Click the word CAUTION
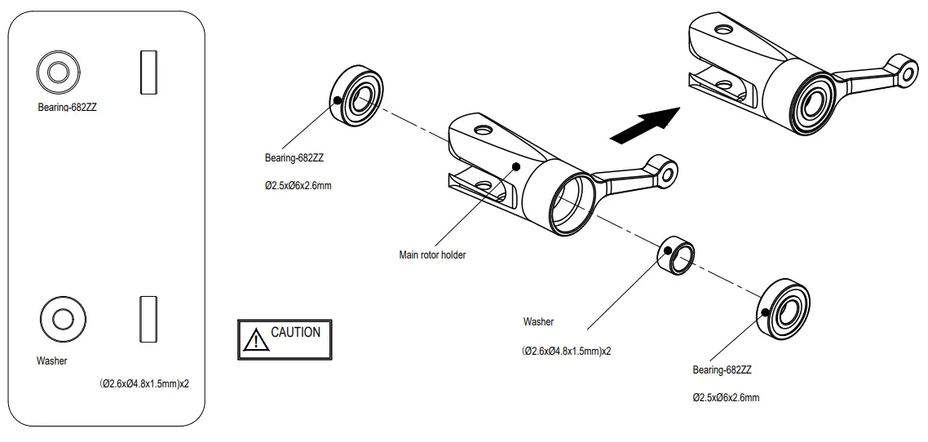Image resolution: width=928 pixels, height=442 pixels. click(295, 333)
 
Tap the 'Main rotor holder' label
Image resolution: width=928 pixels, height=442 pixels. click(432, 255)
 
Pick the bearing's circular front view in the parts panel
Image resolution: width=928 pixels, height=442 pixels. click(57, 73)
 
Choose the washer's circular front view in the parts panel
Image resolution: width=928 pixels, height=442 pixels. click(63, 316)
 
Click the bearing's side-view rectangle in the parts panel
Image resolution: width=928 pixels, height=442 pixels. click(148, 72)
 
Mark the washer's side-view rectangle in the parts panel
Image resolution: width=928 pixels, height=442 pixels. click(148, 318)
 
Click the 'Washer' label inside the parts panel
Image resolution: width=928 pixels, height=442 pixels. click(52, 360)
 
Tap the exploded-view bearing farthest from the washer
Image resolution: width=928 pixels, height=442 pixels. click(356, 96)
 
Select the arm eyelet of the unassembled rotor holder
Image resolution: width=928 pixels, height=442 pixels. click(668, 171)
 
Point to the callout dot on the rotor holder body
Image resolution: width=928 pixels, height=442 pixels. click(516, 166)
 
